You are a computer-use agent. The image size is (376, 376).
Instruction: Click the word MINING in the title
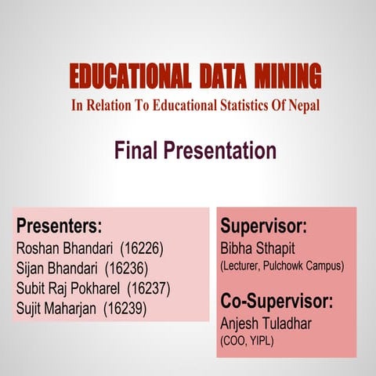[x=288, y=77]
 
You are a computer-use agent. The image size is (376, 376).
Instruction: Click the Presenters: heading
[x=60, y=227]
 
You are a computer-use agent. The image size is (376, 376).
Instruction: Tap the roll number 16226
[x=142, y=249]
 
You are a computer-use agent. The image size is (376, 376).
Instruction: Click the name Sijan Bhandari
[x=60, y=269]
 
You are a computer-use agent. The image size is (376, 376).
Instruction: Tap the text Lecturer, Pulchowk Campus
[x=282, y=267]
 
